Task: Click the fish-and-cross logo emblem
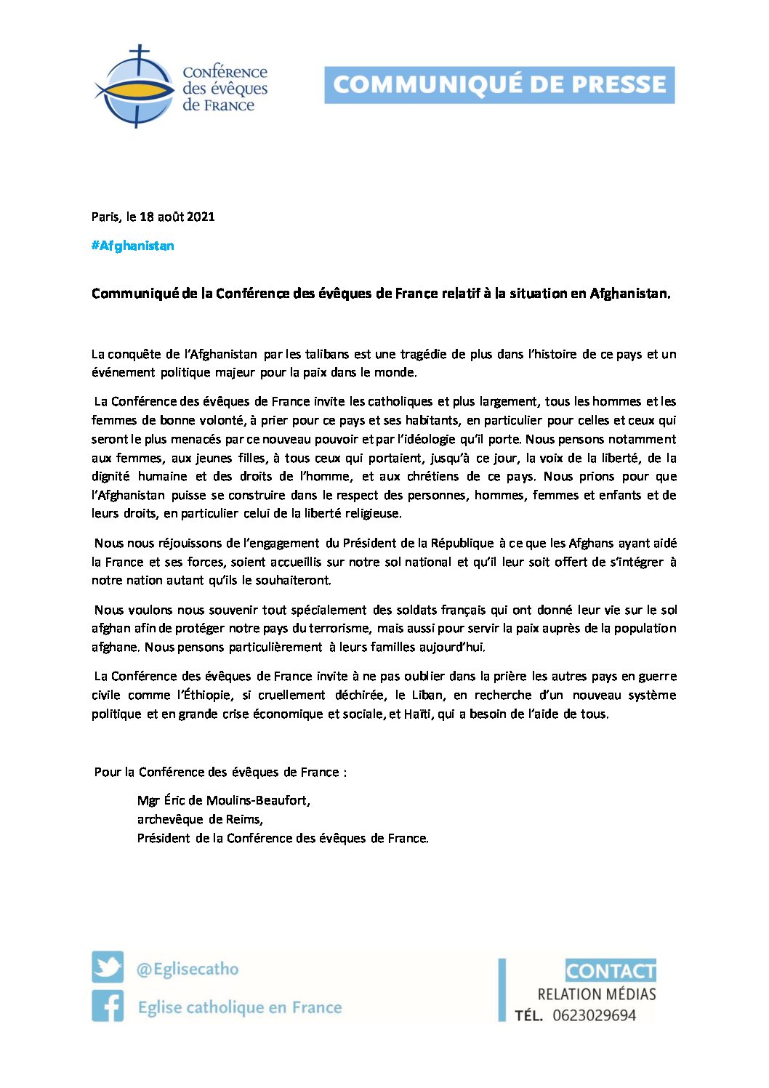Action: tap(135, 86)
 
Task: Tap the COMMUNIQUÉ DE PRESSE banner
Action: tap(499, 85)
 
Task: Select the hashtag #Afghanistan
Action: tap(133, 246)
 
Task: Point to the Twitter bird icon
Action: tap(108, 967)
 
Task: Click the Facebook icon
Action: tap(108, 1006)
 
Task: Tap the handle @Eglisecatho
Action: tap(188, 969)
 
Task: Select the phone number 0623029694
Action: tap(594, 1015)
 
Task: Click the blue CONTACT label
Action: tap(611, 971)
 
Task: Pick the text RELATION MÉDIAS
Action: tap(597, 994)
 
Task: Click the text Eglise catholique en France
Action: tap(240, 1007)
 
